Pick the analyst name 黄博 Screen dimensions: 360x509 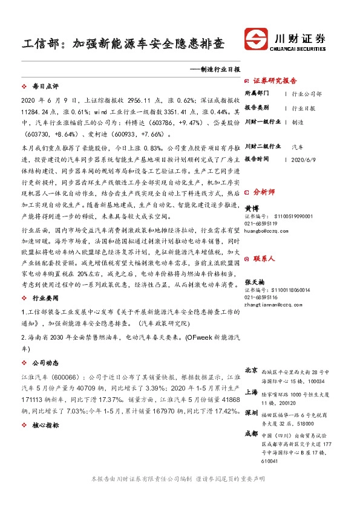click(x=251, y=207)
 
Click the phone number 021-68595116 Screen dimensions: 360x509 click(x=262, y=280)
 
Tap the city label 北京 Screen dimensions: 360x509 click(x=251, y=369)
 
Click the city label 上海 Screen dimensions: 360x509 click(x=251, y=391)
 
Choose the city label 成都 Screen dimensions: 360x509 click(x=251, y=434)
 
